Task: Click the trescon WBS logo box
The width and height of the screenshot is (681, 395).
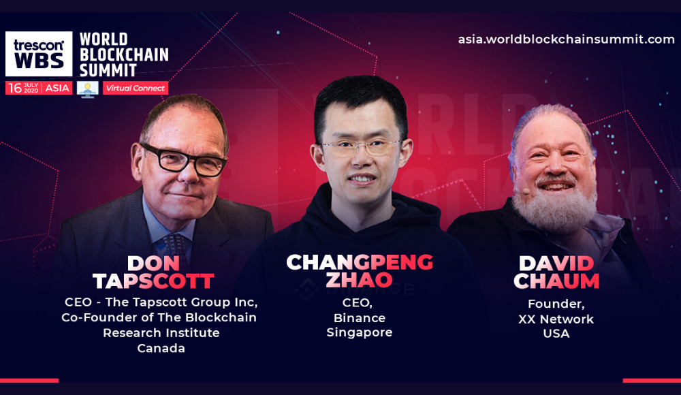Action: coord(39,53)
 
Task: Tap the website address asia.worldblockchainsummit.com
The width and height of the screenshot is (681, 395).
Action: coord(567,39)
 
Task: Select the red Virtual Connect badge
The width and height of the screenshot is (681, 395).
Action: coord(136,89)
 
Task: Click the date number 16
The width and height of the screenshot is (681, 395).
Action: coord(15,89)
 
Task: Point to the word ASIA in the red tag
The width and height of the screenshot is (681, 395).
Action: coord(57,89)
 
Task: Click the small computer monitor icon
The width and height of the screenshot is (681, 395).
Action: coord(88,89)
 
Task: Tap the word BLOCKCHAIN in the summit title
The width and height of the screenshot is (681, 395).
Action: coord(124,54)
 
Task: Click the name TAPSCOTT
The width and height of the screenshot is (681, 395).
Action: coord(153,281)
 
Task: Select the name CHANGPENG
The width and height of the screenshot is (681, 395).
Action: coord(360,262)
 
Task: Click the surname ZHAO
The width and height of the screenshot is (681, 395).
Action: coord(359,280)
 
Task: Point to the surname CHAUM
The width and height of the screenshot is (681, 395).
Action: coord(556,281)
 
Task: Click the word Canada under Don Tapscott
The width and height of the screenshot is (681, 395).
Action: coord(161,349)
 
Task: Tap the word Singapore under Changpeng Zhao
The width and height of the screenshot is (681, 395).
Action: coord(359,333)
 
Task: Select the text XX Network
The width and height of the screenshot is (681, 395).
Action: coord(556,319)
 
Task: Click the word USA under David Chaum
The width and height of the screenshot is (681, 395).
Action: coord(556,334)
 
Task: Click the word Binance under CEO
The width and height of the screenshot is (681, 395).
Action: coord(359,318)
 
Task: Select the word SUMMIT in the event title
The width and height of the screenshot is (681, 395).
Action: coord(108,70)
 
